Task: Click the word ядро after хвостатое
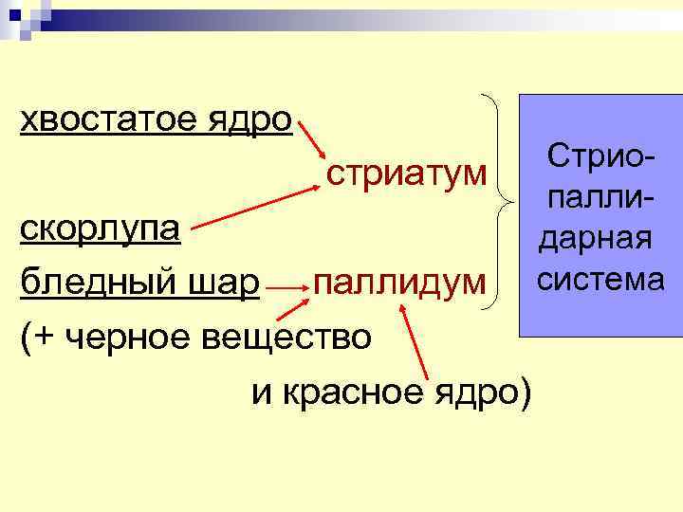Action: click(x=255, y=120)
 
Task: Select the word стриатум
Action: click(x=409, y=174)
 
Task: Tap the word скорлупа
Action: click(x=105, y=228)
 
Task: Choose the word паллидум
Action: click(x=403, y=282)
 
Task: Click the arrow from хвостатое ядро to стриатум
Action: click(x=311, y=138)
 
